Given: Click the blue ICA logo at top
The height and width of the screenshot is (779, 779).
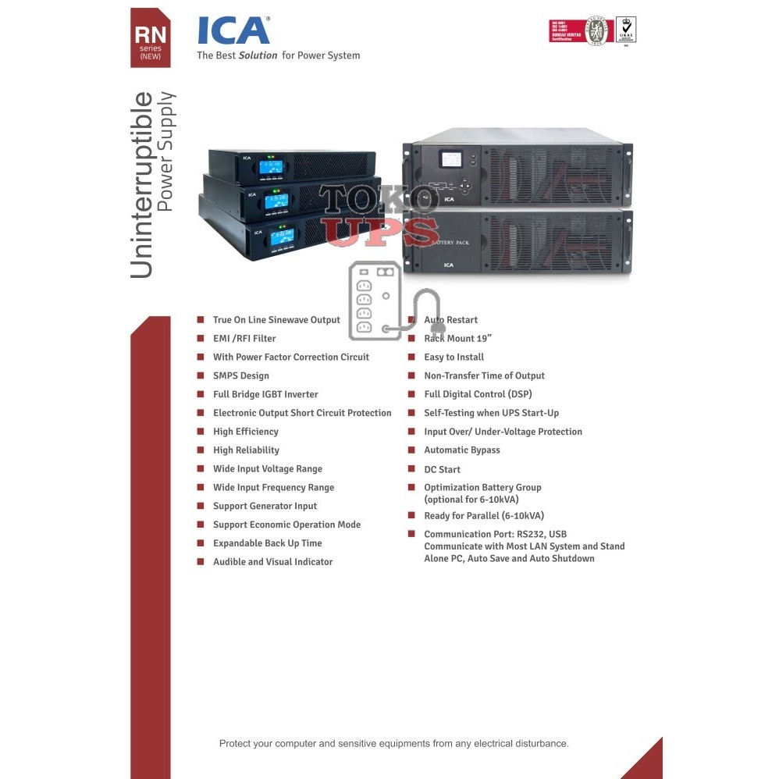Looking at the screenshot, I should click(233, 30).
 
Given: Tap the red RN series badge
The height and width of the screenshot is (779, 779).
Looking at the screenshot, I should click(150, 38).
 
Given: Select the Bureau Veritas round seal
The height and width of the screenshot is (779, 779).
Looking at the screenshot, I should click(596, 30).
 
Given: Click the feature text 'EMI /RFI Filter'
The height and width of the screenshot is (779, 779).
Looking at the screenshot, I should click(244, 339).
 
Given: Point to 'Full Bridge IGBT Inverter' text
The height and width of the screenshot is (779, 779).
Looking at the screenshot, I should click(265, 395).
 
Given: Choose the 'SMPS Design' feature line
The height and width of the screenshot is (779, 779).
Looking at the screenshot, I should click(240, 376).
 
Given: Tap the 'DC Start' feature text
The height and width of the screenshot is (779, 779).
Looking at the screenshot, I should click(442, 470).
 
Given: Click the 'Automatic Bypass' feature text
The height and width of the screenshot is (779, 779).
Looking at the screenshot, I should click(461, 450).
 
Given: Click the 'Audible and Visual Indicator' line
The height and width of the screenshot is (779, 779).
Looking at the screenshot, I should click(272, 562).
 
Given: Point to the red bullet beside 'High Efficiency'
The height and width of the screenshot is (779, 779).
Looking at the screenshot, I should click(201, 432).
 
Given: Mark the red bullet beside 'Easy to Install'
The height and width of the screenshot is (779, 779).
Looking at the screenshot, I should click(411, 357).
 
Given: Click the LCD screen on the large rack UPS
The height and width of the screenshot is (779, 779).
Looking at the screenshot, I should click(451, 159).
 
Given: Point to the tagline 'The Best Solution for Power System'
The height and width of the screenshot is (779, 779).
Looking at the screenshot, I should click(278, 55).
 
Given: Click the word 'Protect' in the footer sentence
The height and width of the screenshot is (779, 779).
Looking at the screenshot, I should click(237, 744).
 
